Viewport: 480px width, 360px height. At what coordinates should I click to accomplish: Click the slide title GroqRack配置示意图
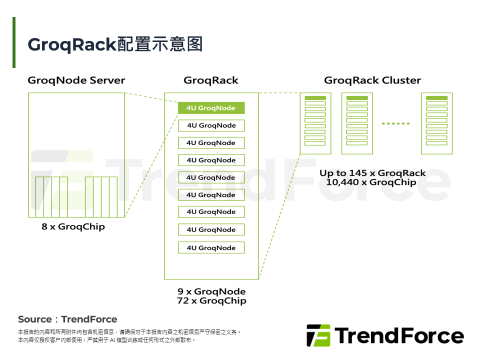(115, 44)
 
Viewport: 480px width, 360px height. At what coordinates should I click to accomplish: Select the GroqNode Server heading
(76, 80)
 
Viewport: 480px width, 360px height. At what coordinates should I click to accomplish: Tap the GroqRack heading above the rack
(211, 80)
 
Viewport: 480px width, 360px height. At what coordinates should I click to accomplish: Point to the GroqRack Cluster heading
(372, 80)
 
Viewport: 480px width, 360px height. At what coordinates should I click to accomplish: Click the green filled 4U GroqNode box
(211, 108)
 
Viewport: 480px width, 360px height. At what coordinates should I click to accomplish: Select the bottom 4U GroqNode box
(211, 247)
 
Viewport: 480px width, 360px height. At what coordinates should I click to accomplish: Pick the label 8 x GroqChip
(73, 226)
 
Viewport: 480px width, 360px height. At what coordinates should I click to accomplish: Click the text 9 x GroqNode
(211, 291)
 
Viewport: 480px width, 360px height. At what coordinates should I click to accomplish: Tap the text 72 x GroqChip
(211, 301)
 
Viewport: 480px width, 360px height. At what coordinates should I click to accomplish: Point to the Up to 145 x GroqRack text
(372, 173)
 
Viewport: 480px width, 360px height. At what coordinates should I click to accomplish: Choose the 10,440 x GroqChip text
(371, 182)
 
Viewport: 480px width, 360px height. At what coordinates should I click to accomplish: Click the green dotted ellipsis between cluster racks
(395, 123)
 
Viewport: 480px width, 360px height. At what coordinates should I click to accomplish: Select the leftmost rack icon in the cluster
(315, 123)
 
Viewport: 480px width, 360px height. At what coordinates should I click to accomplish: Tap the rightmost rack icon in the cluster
(436, 123)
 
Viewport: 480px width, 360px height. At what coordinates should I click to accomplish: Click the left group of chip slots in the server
(51, 196)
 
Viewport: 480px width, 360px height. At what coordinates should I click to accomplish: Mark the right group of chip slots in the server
(101, 196)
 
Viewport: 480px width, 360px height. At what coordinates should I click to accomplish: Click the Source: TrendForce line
(67, 319)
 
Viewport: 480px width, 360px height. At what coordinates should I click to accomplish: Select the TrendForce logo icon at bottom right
(318, 335)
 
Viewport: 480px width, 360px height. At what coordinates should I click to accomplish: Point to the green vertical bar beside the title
(14, 42)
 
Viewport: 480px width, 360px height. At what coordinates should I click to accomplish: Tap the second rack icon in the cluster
(357, 123)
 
